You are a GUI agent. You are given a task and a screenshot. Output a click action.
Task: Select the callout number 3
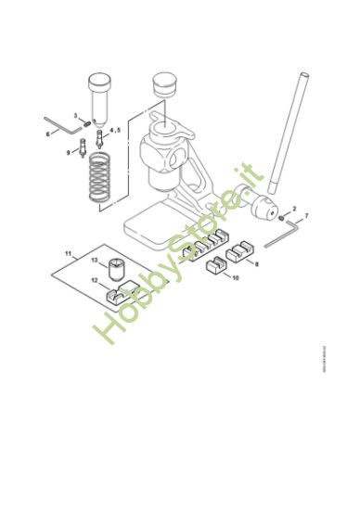[x=75, y=115]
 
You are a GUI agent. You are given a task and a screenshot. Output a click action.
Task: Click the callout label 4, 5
[x=115, y=131]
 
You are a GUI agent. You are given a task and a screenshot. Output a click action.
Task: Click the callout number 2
[x=294, y=210]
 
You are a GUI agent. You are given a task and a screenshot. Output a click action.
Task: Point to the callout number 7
[x=306, y=216]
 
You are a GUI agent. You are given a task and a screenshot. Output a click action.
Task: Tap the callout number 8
[x=256, y=263]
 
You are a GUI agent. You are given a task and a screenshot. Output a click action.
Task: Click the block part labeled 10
[x=214, y=270]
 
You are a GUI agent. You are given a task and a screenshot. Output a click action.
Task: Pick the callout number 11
[x=68, y=252]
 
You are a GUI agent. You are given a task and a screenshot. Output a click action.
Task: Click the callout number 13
[x=95, y=261]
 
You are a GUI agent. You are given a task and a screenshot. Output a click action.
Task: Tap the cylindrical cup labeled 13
[x=115, y=270]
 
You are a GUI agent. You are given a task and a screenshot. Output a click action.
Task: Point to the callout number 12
[x=94, y=279]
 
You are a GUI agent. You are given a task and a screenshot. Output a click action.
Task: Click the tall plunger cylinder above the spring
[x=99, y=96]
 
